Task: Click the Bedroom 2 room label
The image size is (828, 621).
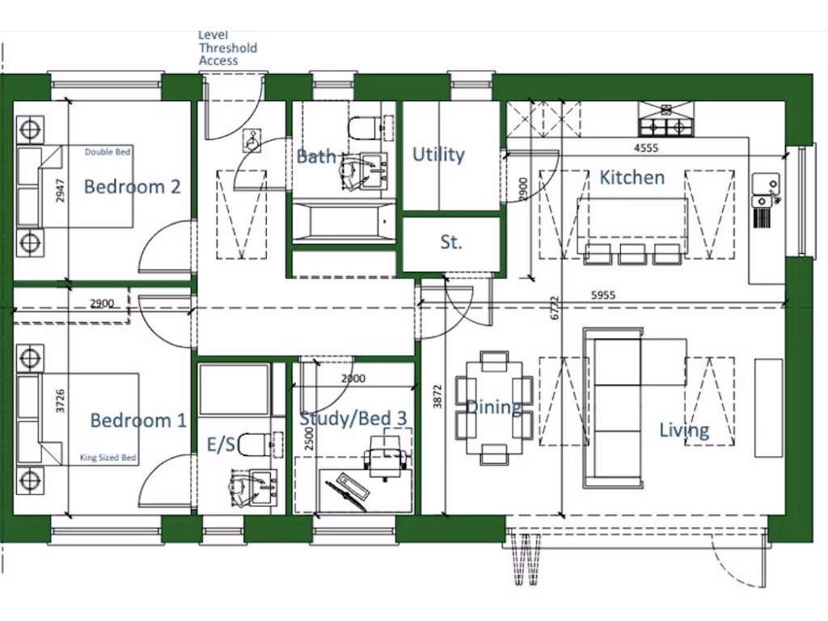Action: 132,187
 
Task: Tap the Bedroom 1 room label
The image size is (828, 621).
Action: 137,420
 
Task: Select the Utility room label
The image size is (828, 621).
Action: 438,154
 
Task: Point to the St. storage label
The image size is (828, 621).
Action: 450,242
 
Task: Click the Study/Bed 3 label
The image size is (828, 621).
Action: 353,419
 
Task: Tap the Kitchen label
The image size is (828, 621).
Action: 632,177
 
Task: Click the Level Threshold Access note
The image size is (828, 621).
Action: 227,48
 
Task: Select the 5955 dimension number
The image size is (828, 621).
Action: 602,296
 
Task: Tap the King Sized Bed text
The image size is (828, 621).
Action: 108,458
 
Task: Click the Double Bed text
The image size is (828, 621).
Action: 108,151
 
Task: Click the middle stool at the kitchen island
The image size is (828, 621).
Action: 632,254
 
